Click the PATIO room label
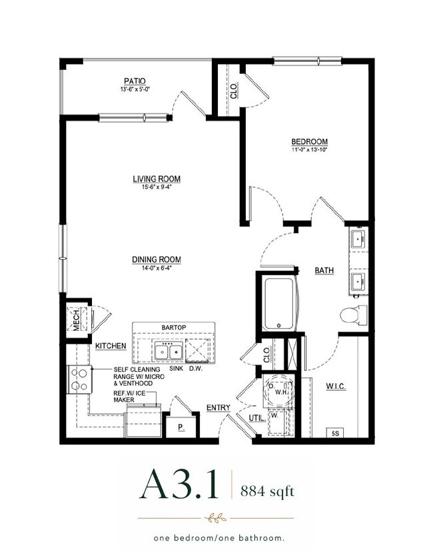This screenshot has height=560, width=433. pos(135,81)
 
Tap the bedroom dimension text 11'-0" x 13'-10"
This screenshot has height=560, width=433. pos(309,150)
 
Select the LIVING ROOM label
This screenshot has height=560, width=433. pos(157,179)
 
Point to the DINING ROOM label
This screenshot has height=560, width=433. pos(157,260)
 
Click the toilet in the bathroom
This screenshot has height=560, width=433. pos(354,316)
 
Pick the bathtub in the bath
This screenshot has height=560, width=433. pos(280,304)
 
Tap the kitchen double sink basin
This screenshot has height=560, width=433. pos(169,352)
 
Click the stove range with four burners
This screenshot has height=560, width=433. pos(79,380)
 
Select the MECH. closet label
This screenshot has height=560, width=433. pos(77,320)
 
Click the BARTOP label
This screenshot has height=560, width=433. pos(174,328)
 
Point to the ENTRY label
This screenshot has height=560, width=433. pos(218,408)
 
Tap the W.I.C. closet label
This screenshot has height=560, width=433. pos(336,386)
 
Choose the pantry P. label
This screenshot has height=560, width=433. pos(181,427)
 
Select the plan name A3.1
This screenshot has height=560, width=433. pos(179,484)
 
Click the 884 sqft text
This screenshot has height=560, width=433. pos(267,491)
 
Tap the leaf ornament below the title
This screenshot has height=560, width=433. pos(215,518)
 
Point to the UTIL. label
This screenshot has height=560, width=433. pos(257,418)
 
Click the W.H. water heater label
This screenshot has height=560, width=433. pos(281,392)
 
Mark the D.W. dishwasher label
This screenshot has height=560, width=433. pos(196,369)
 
